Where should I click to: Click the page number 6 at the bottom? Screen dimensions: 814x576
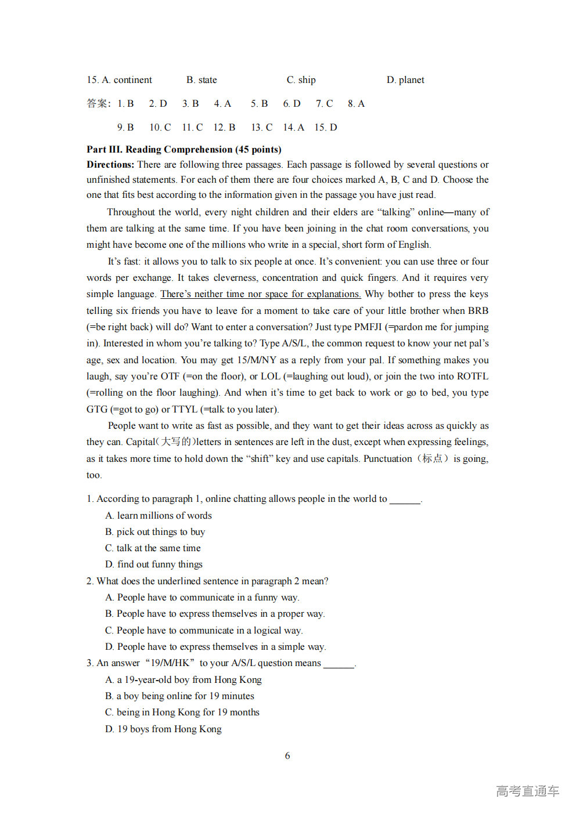pyautogui.click(x=287, y=755)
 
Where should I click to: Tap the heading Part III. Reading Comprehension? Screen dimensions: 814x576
pyautogui.click(x=183, y=149)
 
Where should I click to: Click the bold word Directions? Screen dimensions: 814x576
pyautogui.click(x=110, y=164)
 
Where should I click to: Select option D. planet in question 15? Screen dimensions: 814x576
pyautogui.click(x=405, y=79)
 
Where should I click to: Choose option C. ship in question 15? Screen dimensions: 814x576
pyautogui.click(x=301, y=79)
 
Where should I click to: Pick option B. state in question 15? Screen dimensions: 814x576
pyautogui.click(x=201, y=79)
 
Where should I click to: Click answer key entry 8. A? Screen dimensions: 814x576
pyautogui.click(x=356, y=103)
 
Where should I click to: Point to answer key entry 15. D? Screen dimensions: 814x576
pyautogui.click(x=326, y=127)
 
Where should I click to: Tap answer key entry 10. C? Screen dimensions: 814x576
pyautogui.click(x=160, y=127)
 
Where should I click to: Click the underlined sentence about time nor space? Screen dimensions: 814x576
pyautogui.click(x=260, y=294)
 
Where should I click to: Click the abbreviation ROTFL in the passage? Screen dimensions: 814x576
pyautogui.click(x=472, y=377)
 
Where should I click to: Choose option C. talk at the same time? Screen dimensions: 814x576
pyautogui.click(x=153, y=548)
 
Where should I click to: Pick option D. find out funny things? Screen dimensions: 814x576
pyautogui.click(x=154, y=564)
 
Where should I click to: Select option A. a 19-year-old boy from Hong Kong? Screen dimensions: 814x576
pyautogui.click(x=183, y=679)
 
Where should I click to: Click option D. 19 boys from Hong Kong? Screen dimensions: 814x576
pyautogui.click(x=163, y=729)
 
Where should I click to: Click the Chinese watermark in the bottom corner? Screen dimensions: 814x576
pyautogui.click(x=527, y=791)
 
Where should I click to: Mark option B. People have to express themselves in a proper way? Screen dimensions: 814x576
pyautogui.click(x=215, y=613)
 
